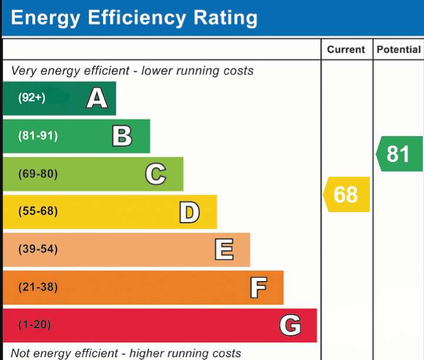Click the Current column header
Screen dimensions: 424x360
click(346, 49)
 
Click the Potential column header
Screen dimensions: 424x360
click(399, 49)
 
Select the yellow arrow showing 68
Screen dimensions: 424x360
click(346, 194)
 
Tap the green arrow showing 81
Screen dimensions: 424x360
click(399, 154)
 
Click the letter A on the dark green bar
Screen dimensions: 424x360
click(97, 98)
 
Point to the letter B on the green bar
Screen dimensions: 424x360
click(122, 136)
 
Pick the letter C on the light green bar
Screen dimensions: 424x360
click(155, 174)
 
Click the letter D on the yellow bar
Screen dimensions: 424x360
click(189, 212)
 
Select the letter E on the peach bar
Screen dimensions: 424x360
click(224, 249)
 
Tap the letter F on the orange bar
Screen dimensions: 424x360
click(259, 288)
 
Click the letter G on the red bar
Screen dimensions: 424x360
click(290, 325)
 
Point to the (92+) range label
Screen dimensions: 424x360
click(32, 98)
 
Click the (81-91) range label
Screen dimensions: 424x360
click(38, 136)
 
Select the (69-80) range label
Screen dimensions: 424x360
click(38, 174)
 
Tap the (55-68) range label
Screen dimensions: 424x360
click(38, 211)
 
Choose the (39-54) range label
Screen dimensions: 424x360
click(38, 249)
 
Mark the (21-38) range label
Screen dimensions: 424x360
click(38, 287)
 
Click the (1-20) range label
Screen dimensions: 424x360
click(35, 325)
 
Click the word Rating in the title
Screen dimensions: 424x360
click(225, 18)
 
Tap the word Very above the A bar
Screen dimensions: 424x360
click(24, 71)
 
